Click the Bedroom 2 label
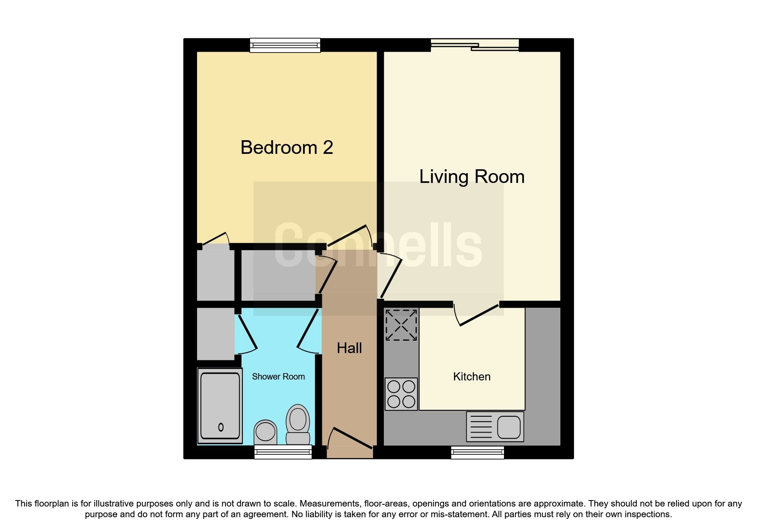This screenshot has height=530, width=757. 286,147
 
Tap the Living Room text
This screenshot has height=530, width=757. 471,177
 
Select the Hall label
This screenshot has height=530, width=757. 349,348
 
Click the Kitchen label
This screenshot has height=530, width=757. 471,377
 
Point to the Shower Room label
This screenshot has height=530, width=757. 278,377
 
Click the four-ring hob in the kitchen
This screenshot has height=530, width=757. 401,394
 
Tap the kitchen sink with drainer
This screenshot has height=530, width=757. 495,427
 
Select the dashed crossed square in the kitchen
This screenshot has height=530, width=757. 401,325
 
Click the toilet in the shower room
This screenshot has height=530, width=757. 298,424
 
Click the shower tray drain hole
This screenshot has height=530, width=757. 221,427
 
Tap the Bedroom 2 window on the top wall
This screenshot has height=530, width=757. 285,45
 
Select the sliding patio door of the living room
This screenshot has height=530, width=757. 474,44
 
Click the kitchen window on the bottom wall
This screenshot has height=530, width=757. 477,453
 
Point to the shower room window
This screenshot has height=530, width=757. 283,452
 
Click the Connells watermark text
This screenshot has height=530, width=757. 378,245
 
